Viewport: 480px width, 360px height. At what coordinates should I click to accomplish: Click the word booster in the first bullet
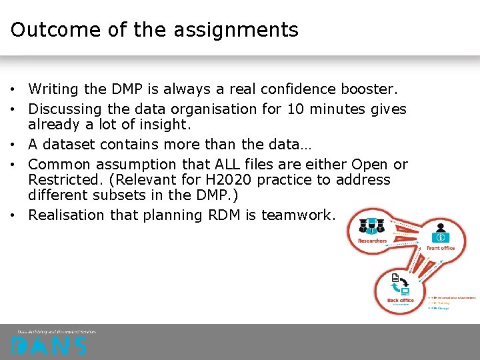367,89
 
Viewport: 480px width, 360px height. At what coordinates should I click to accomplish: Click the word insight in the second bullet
161,125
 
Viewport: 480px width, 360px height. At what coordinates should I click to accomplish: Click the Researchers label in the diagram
372,241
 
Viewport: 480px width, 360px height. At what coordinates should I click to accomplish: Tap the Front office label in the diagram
440,248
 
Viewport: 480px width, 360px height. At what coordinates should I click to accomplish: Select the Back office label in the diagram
400,300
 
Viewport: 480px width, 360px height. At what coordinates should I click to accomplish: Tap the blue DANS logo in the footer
49,345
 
